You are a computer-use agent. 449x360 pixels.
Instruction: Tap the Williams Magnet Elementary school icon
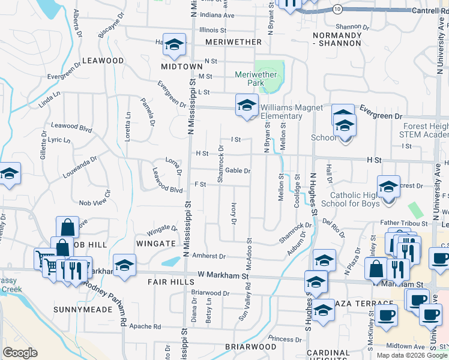coord(246,106)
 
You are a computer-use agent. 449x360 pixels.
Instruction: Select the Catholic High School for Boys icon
coord(388,187)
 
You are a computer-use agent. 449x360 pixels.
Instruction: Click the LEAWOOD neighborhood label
coord(103,61)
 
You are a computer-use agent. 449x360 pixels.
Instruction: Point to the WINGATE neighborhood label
coord(156,244)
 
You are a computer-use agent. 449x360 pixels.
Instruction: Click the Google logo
coord(20,353)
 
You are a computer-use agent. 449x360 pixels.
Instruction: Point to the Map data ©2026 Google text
coord(412,355)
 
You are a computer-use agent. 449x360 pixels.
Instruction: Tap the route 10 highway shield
coord(338,9)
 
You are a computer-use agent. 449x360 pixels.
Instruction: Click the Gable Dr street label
coord(238,171)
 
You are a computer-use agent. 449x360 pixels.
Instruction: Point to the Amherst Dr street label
coord(209,256)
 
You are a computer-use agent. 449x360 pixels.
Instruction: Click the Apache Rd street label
coord(148,327)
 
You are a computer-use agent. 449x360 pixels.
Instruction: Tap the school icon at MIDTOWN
coord(175,45)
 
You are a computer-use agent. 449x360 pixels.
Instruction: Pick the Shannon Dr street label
coord(352,26)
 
